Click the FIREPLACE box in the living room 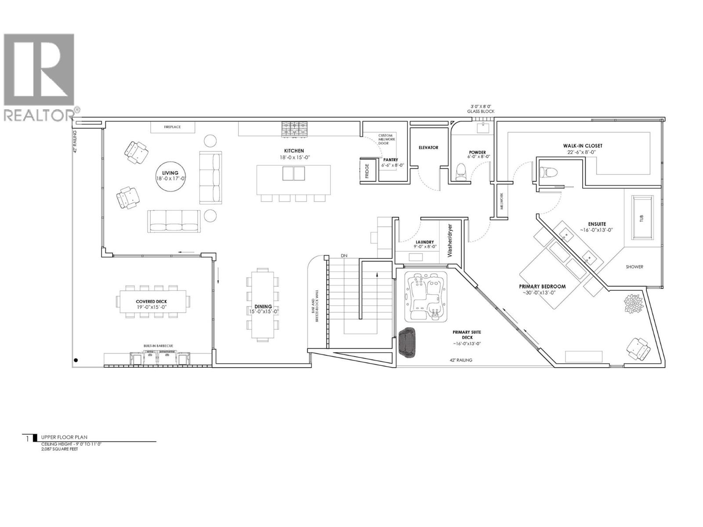click(x=173, y=127)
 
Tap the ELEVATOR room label click(x=428, y=148)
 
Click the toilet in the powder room click(x=461, y=172)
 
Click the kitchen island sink click(x=294, y=173)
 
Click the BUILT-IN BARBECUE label click(x=156, y=346)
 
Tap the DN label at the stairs click(x=344, y=256)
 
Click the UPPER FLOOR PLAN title click(x=64, y=437)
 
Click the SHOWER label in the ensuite click(x=634, y=267)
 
